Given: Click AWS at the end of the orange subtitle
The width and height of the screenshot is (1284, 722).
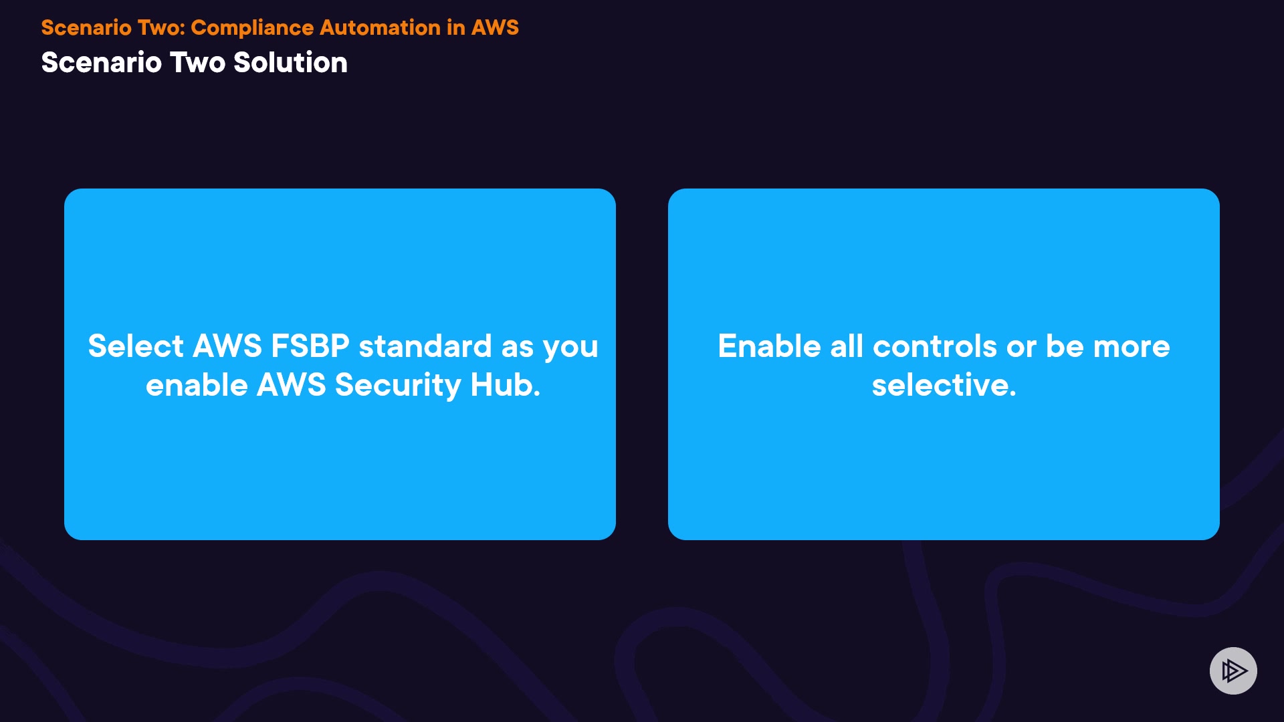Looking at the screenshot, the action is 495,27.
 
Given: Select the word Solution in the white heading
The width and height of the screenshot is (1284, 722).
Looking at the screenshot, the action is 290,62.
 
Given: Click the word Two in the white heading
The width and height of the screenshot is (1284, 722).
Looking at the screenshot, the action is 197,62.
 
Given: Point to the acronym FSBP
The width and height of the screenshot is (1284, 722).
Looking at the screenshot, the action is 310,346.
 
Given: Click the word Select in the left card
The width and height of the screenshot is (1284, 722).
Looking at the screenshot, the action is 136,346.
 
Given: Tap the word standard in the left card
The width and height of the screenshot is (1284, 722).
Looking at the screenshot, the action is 425,346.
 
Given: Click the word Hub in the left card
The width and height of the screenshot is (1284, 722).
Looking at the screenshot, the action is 505,385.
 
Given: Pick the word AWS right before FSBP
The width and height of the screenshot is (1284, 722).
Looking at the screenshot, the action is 227,346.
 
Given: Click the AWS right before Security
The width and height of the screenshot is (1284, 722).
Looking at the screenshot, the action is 292,385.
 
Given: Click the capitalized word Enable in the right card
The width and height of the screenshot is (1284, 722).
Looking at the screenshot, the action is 769,346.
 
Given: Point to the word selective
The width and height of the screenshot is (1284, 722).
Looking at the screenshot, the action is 944,385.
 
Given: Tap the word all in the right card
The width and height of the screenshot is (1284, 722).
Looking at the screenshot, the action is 847,346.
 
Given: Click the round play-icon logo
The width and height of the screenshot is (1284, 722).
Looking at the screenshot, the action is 1233,671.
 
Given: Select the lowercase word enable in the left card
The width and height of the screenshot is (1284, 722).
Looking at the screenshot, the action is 197,385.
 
